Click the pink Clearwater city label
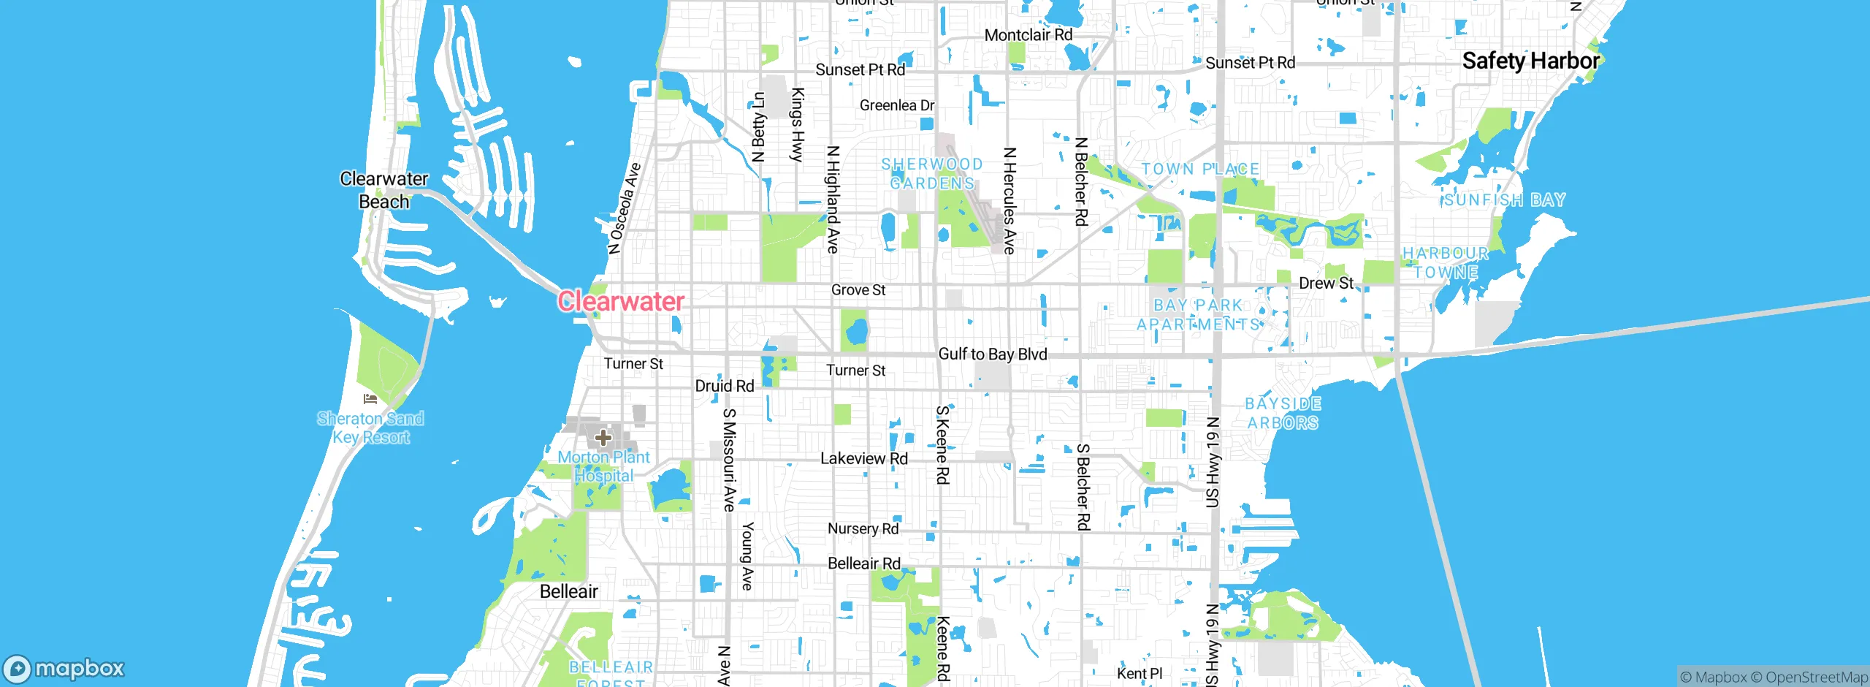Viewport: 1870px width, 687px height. click(x=621, y=301)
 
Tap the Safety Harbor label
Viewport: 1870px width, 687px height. click(x=1530, y=61)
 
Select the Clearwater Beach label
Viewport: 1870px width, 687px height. click(x=384, y=190)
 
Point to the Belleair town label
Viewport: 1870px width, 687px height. click(x=569, y=591)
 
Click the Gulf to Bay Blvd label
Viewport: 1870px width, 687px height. click(x=993, y=354)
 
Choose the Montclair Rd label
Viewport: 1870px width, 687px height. click(x=1028, y=35)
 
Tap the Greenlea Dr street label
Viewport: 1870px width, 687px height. click(x=897, y=105)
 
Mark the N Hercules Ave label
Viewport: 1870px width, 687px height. click(x=1010, y=201)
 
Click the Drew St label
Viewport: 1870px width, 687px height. click(x=1326, y=283)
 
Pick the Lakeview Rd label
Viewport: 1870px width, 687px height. click(x=864, y=458)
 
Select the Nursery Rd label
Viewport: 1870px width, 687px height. click(x=863, y=528)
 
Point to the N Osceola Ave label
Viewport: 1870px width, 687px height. click(x=625, y=208)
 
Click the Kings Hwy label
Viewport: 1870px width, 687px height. click(x=798, y=124)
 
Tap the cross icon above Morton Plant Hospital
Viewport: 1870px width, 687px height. click(x=603, y=438)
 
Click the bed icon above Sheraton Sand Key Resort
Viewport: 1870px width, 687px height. click(x=370, y=399)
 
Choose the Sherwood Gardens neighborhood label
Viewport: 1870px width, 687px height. click(x=932, y=174)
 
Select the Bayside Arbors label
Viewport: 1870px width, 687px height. click(x=1283, y=413)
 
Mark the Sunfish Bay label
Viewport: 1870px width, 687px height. click(x=1504, y=200)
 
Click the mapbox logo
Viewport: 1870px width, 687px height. click(x=64, y=668)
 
